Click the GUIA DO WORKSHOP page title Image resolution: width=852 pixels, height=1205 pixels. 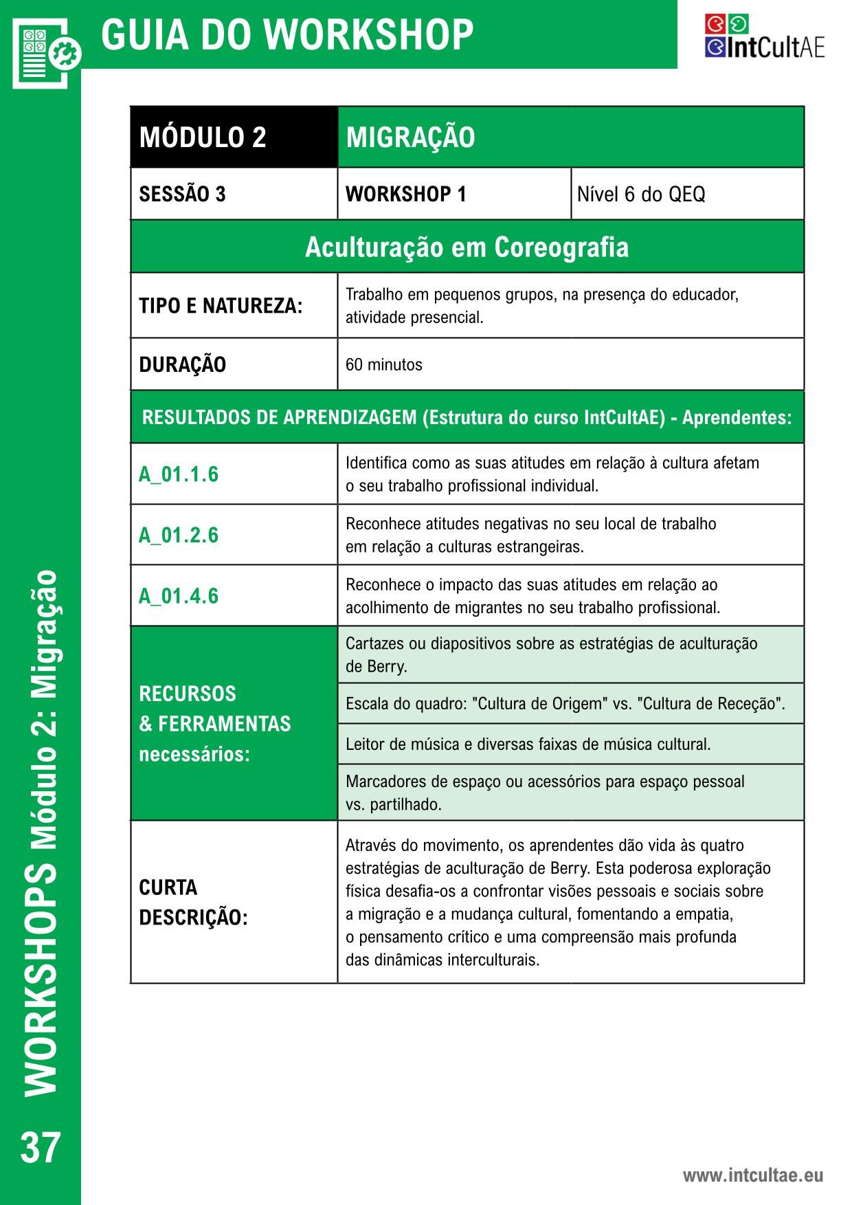coord(287,34)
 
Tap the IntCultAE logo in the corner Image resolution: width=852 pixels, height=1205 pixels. coord(764,37)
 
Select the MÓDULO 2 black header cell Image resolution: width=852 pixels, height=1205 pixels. coord(203,137)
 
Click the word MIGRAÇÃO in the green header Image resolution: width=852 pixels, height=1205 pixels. coord(410,137)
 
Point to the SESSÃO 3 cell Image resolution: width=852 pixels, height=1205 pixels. coord(182,195)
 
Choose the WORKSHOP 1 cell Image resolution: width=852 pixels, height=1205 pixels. coord(405,195)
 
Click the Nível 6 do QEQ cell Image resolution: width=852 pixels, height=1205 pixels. coord(640,195)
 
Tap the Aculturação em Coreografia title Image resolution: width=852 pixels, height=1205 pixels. coord(467,247)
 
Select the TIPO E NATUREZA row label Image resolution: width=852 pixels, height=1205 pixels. coord(221,306)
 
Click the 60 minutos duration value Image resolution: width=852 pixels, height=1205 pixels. coord(383,364)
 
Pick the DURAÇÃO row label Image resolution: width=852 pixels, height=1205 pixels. coord(182,364)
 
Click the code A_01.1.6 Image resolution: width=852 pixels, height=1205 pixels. coord(179,474)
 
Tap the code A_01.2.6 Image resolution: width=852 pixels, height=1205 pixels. coord(179,535)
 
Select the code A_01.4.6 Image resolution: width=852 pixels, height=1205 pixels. coord(179,595)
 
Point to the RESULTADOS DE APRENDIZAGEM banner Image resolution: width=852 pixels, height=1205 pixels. coord(467,417)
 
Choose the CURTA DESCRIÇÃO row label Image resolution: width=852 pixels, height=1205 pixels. coord(193,902)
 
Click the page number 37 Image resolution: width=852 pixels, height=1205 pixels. coord(41,1147)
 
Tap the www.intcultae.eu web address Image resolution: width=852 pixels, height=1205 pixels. coord(752,1175)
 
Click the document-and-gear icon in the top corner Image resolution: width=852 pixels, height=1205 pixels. coord(46,52)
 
